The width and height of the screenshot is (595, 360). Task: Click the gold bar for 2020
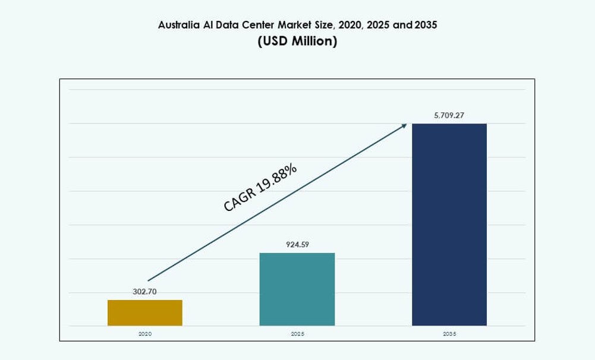[145, 312]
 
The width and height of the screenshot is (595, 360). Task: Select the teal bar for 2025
[297, 289]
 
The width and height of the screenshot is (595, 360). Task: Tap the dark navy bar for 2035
[449, 225]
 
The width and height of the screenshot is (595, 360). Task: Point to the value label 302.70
[144, 292]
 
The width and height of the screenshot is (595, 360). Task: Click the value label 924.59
[297, 244]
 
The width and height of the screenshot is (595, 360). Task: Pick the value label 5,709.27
[449, 115]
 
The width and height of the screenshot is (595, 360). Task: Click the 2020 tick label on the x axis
[145, 334]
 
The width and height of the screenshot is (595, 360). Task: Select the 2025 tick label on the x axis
[297, 334]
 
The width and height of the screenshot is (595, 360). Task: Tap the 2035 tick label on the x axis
[449, 334]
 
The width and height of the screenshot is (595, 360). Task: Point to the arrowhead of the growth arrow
[405, 125]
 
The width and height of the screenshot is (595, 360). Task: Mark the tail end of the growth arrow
[149, 280]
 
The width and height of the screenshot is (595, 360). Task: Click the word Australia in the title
[178, 25]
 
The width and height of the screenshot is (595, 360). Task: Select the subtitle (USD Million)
[297, 42]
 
